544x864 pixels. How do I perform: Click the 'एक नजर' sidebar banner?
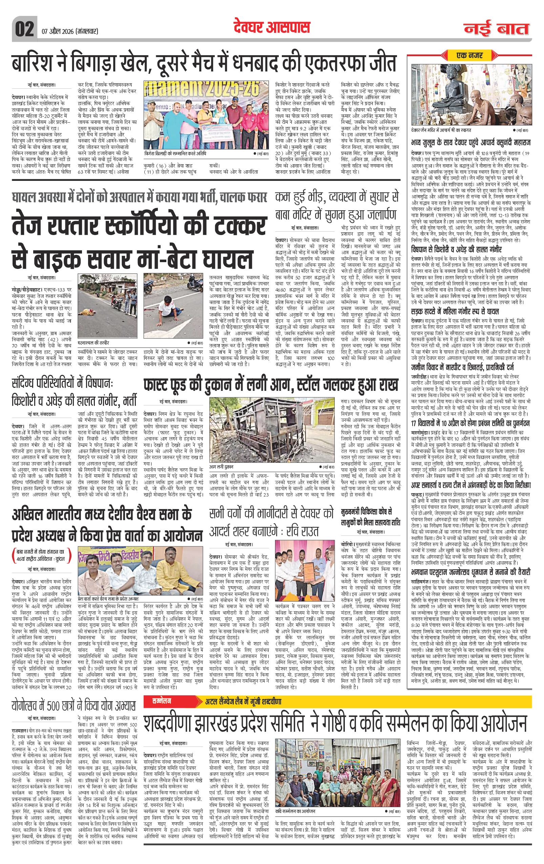(x=470, y=55)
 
